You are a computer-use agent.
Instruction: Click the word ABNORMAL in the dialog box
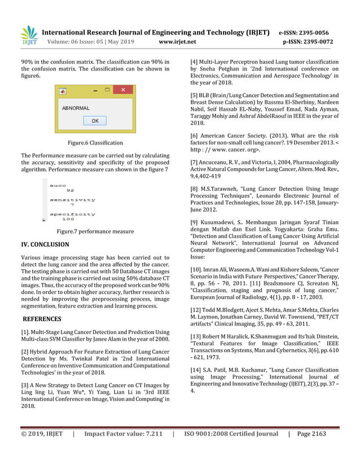point(76,108)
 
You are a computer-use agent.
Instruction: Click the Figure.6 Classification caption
point(95,143)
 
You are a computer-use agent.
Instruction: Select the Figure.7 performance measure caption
point(95,231)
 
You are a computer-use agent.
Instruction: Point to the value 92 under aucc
point(70,191)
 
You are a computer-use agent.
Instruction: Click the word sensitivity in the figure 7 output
point(72,200)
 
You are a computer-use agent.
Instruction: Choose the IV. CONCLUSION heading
point(45,245)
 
